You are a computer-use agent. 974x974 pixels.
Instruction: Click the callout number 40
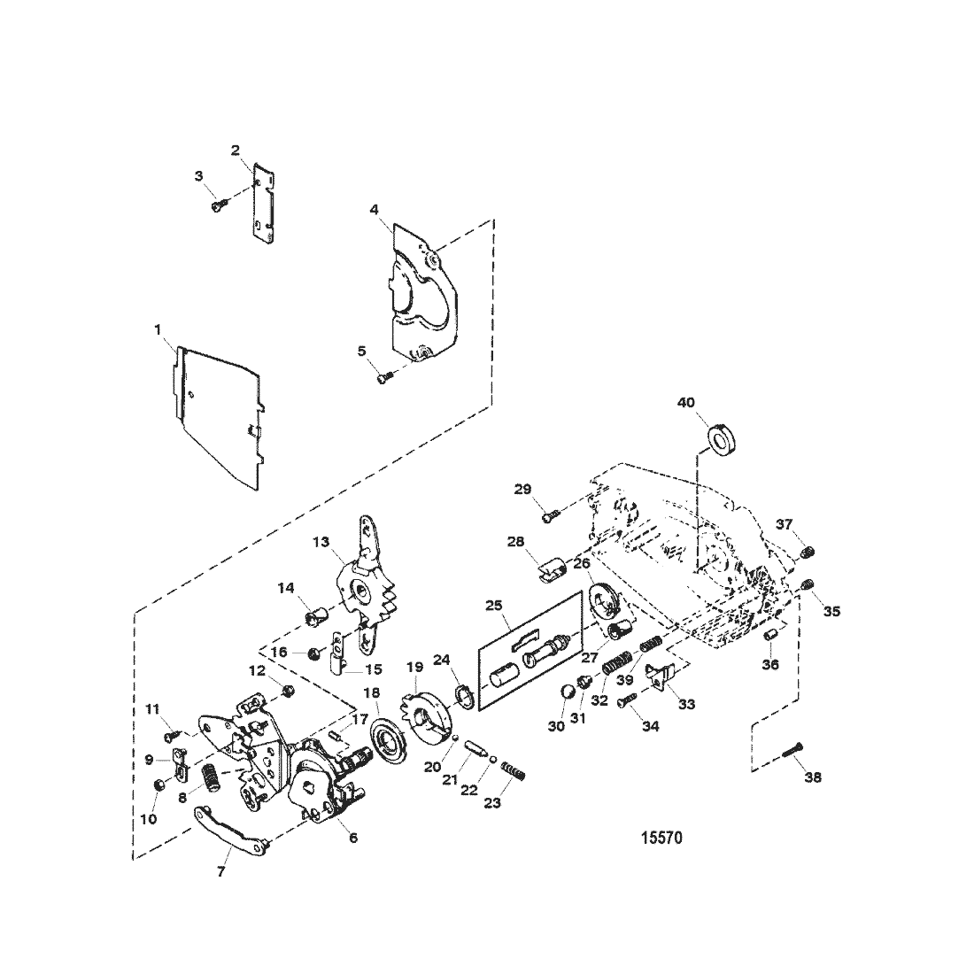pyautogui.click(x=685, y=403)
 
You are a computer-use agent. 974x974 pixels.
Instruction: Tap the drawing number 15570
pyautogui.click(x=661, y=838)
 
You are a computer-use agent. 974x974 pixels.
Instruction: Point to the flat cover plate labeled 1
pyautogui.click(x=218, y=415)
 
